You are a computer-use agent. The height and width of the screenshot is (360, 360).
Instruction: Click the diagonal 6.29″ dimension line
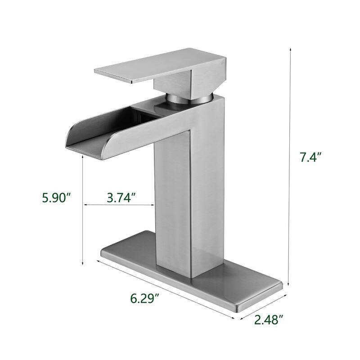[166, 290]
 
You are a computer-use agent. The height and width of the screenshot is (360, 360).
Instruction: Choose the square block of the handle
[175, 79]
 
